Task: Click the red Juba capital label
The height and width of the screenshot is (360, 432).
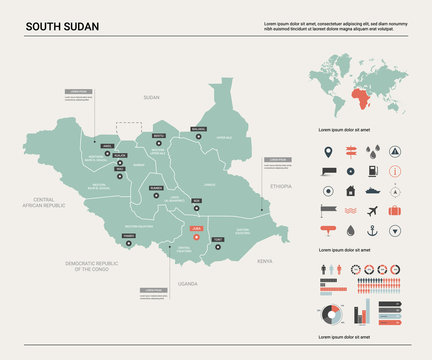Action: (195, 227)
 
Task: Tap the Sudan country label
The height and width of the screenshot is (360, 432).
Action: (151, 97)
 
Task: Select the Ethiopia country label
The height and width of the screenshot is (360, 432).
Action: (281, 186)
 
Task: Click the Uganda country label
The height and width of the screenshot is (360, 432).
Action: (188, 283)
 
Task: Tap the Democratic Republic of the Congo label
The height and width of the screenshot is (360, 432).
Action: (91, 267)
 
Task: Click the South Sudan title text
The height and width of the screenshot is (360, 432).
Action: (61, 26)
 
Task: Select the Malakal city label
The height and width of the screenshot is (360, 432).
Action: (198, 129)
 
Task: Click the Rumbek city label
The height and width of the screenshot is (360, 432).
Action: (155, 187)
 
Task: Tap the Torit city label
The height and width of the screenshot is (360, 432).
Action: (218, 240)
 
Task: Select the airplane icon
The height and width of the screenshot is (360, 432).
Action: (373, 211)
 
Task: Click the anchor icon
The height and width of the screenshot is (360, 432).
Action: (373, 230)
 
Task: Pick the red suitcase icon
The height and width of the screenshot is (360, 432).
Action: (395, 211)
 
